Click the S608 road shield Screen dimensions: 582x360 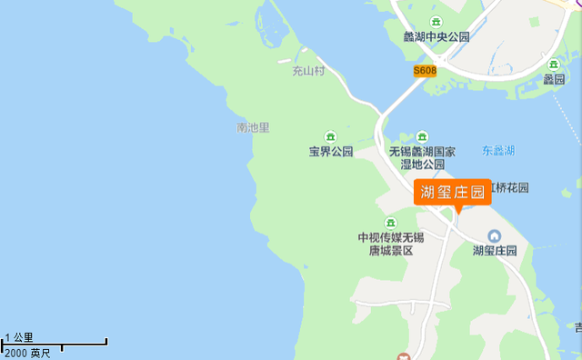pyautogui.click(x=425, y=70)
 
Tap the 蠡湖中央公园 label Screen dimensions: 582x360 pyautogui.click(x=436, y=37)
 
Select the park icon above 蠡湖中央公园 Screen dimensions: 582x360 pyautogui.click(x=436, y=22)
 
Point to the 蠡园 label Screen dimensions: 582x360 pyautogui.click(x=555, y=79)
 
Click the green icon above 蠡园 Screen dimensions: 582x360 pyautogui.click(x=555, y=65)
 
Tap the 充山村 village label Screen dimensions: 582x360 pyautogui.click(x=308, y=70)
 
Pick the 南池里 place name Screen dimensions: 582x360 pyautogui.click(x=253, y=128)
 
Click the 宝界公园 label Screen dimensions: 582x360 pyautogui.click(x=330, y=152)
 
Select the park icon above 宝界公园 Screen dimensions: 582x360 pyautogui.click(x=330, y=136)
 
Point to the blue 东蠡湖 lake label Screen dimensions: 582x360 pyautogui.click(x=498, y=150)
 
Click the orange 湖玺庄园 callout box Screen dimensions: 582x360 pyautogui.click(x=452, y=191)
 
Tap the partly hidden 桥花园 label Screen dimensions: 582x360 pyautogui.click(x=510, y=188)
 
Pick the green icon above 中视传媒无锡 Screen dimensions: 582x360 pyautogui.click(x=390, y=223)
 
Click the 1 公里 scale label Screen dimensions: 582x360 pyautogui.click(x=19, y=337)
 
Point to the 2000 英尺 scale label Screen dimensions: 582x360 pyautogui.click(x=27, y=352)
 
